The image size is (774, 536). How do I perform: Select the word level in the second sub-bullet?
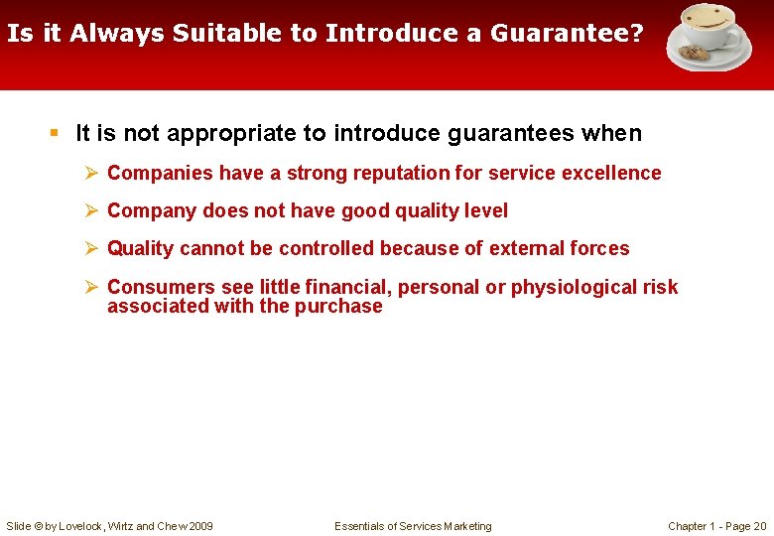(485, 210)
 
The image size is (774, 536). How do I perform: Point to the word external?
(530, 248)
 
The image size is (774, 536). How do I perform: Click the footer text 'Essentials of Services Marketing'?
(413, 526)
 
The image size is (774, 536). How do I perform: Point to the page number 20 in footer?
(759, 526)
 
